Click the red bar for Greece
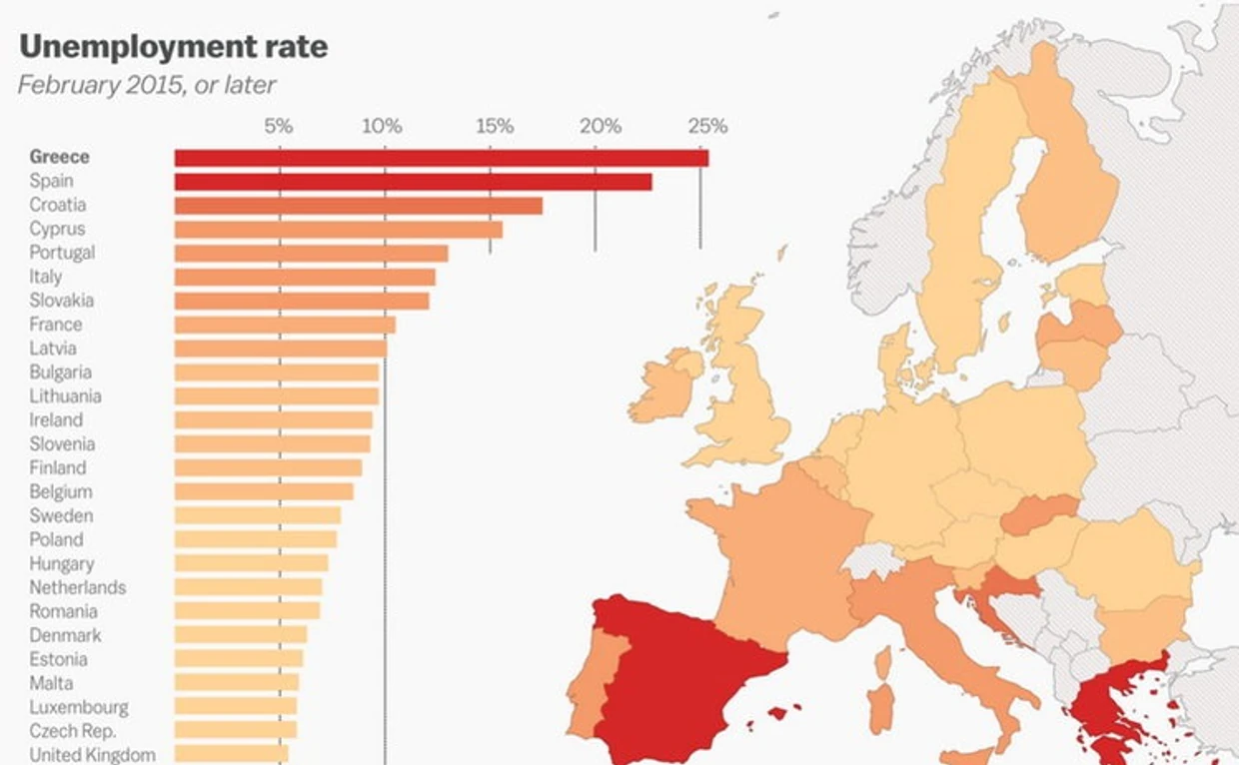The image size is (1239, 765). click(441, 158)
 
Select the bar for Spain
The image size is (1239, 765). click(413, 182)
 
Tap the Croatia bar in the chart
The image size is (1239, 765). click(358, 206)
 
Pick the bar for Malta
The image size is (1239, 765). click(236, 682)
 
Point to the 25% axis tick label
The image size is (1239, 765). click(707, 127)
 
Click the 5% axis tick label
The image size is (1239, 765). click(279, 127)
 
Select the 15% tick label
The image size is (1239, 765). click(495, 127)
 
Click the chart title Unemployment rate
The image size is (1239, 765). click(173, 47)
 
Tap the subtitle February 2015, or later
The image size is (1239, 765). click(146, 84)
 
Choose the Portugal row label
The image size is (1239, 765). click(62, 253)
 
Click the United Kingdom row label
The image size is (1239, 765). click(92, 755)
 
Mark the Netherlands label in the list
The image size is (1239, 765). click(77, 587)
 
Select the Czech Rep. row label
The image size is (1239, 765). click(72, 731)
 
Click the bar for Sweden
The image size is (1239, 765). click(257, 515)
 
